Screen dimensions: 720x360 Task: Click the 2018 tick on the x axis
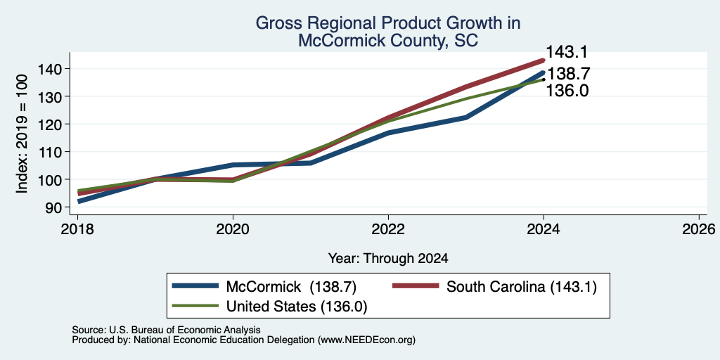tap(77, 229)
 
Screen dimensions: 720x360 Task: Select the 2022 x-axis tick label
tap(388, 229)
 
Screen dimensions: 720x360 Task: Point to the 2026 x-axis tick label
tap(699, 229)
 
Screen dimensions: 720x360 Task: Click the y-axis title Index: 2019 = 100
tap(22, 134)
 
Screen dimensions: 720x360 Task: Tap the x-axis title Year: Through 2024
tap(388, 259)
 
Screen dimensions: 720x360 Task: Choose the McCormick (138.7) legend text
tap(291, 287)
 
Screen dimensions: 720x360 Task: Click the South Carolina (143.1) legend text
tap(522, 287)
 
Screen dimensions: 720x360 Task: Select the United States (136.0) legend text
tap(297, 307)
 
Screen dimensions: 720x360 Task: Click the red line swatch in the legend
tap(416, 287)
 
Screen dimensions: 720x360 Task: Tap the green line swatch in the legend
tap(195, 306)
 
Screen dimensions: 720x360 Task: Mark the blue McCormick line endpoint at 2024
tap(544, 72)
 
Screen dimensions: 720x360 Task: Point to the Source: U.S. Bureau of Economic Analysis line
tap(166, 330)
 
